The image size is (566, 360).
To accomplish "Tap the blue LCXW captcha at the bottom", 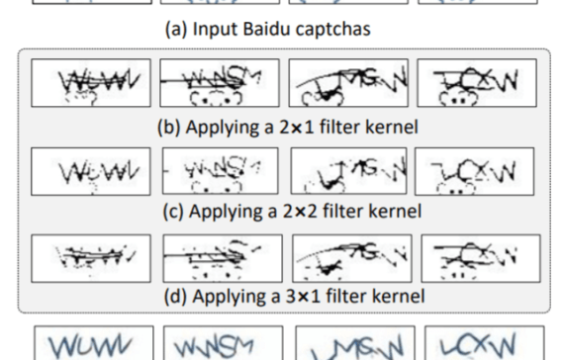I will [478, 343].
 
